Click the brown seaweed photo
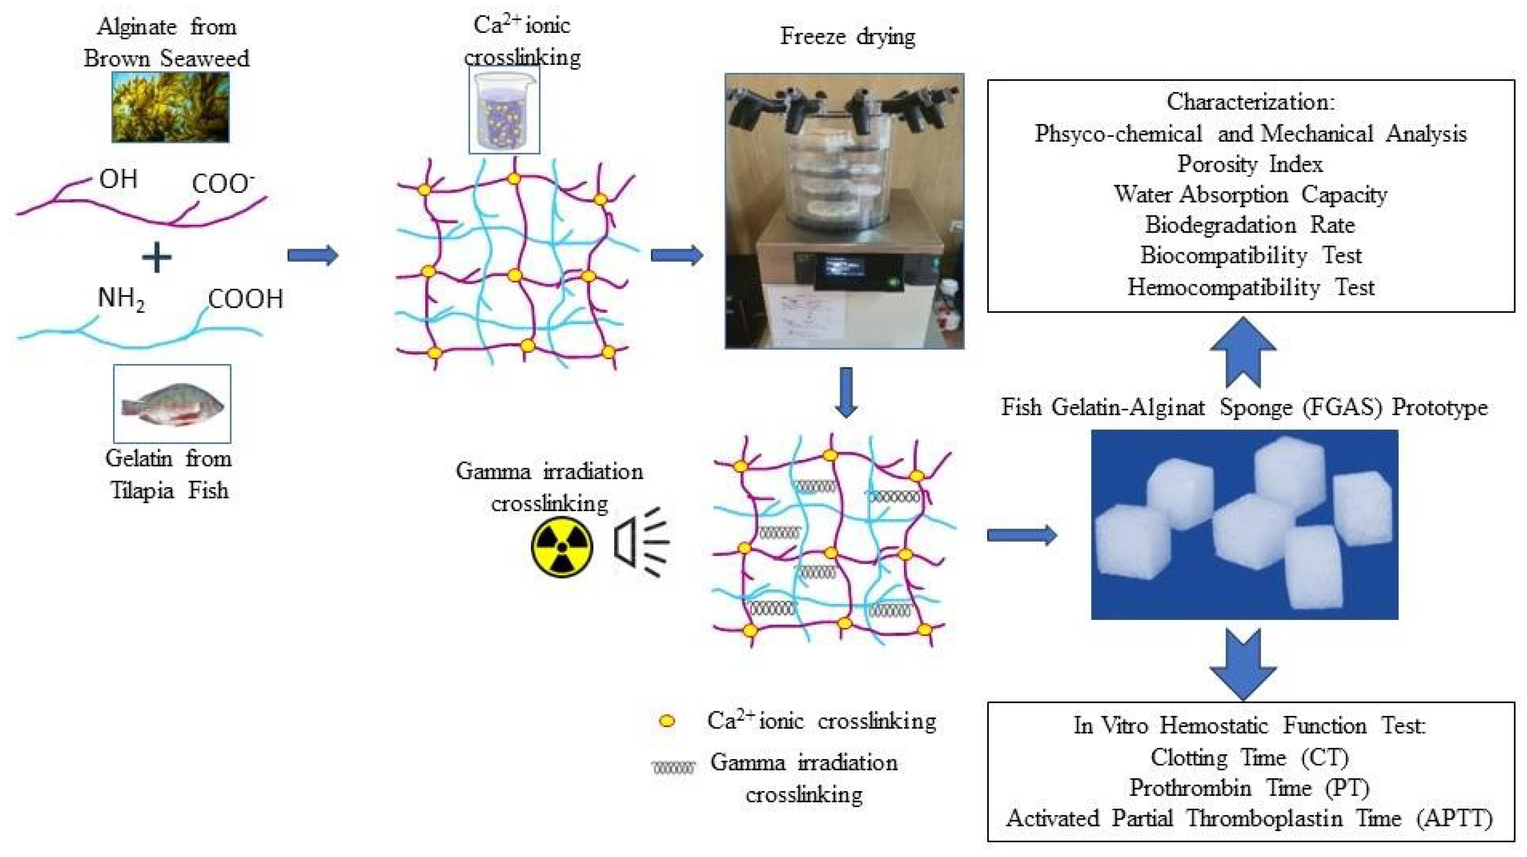(170, 107)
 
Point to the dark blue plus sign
(157, 258)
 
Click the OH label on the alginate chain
(119, 179)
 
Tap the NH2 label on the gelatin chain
(121, 298)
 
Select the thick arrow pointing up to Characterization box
(1243, 352)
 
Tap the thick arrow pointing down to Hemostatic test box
(1243, 664)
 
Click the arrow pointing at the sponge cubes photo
(1021, 535)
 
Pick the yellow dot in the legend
(667, 721)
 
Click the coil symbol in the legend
(673, 768)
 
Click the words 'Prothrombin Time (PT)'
(1249, 788)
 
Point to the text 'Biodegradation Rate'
(1249, 225)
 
